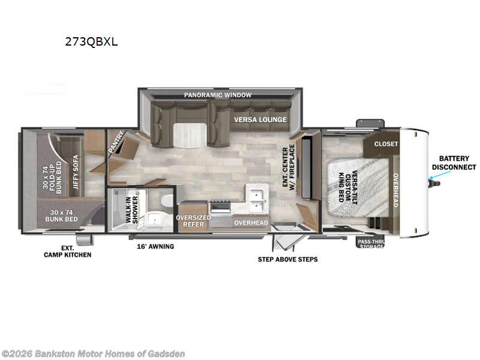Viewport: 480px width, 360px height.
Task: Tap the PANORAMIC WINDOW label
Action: pos(217,95)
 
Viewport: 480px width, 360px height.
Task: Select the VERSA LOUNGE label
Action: pos(260,119)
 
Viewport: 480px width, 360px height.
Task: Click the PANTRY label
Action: pos(117,142)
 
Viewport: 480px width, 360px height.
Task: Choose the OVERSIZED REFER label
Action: pos(193,221)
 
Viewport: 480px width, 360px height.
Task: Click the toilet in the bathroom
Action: pos(167,199)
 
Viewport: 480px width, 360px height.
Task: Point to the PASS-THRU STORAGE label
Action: pos(371,244)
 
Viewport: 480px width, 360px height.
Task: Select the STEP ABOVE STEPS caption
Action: pos(287,259)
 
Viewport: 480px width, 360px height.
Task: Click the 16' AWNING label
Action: pos(155,246)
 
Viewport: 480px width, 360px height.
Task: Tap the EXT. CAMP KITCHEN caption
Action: pos(67,251)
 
